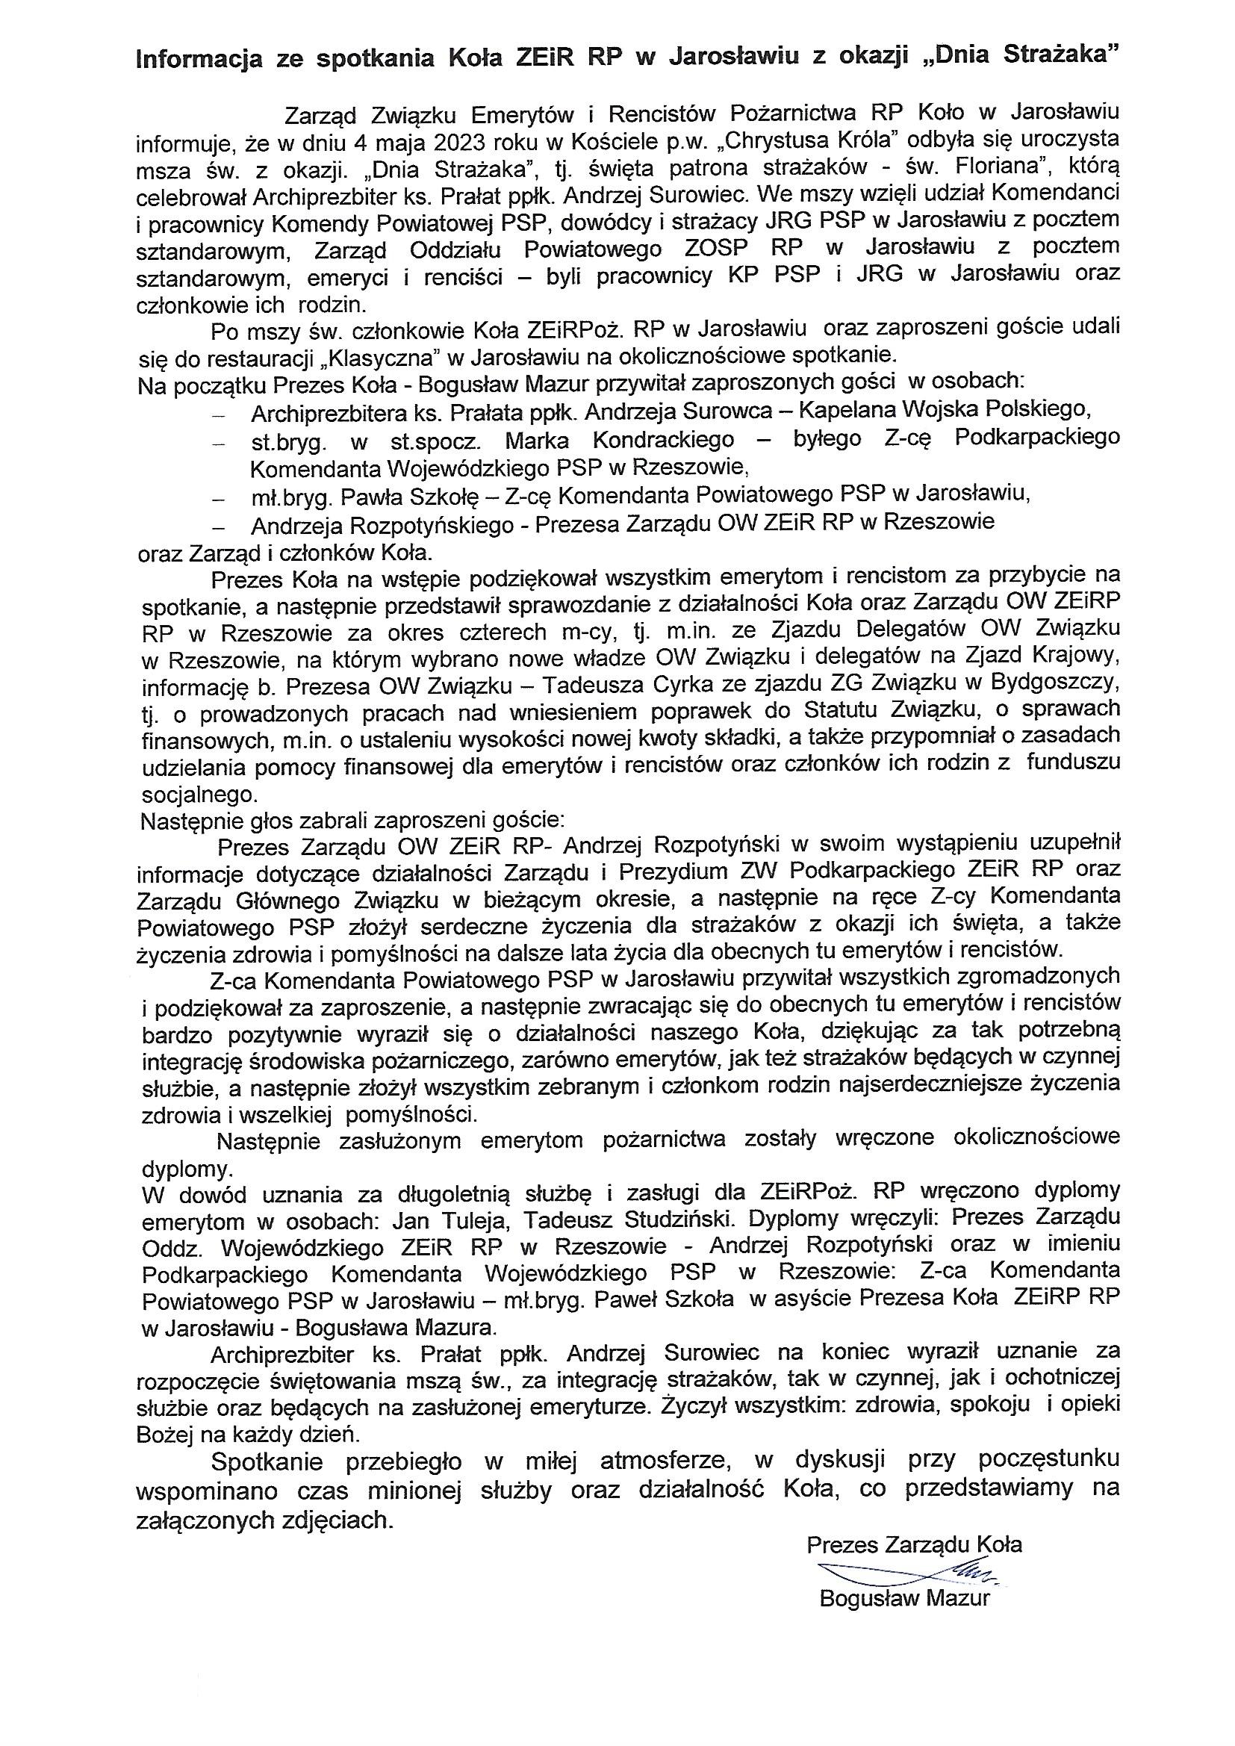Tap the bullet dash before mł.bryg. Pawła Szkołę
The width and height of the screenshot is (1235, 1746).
pyautogui.click(x=220, y=499)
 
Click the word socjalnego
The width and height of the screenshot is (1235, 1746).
pyautogui.click(x=199, y=795)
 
